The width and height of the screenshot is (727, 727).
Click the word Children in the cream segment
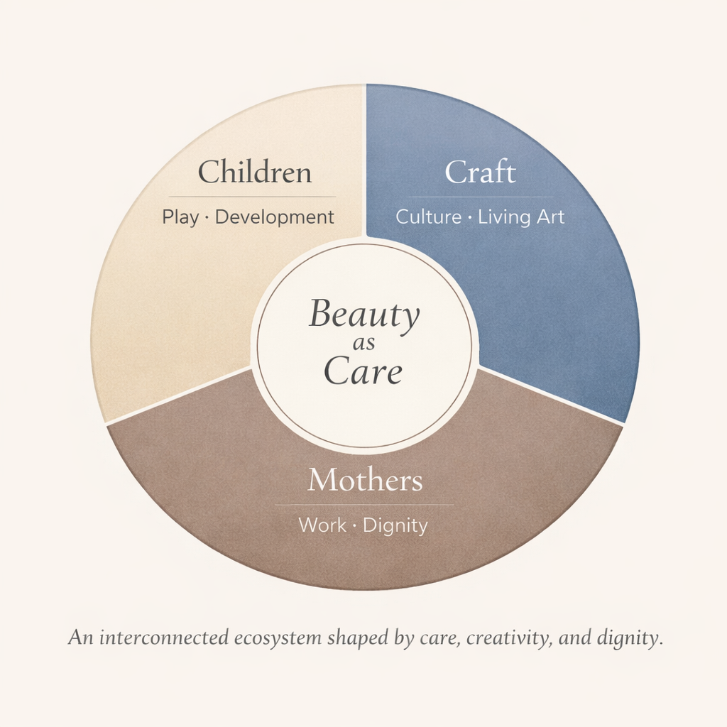point(254,173)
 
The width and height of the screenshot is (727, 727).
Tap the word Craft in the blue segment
point(480,173)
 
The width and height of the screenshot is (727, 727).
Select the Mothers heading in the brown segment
point(364,481)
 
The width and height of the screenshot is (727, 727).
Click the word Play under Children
point(180,217)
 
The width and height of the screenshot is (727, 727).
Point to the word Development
point(274,217)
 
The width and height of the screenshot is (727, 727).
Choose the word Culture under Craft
point(428,217)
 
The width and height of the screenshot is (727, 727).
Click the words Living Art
point(521,217)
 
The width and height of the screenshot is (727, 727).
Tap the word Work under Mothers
point(322,526)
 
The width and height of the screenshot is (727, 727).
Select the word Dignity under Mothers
point(395,526)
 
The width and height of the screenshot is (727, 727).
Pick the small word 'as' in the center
point(363,346)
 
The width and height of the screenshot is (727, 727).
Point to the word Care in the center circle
point(363,373)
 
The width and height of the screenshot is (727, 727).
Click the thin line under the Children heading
point(252,197)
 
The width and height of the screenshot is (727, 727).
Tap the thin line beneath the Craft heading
point(480,197)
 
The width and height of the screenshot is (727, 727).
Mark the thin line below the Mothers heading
point(364,505)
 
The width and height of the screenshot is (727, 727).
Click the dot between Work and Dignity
point(355,526)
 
